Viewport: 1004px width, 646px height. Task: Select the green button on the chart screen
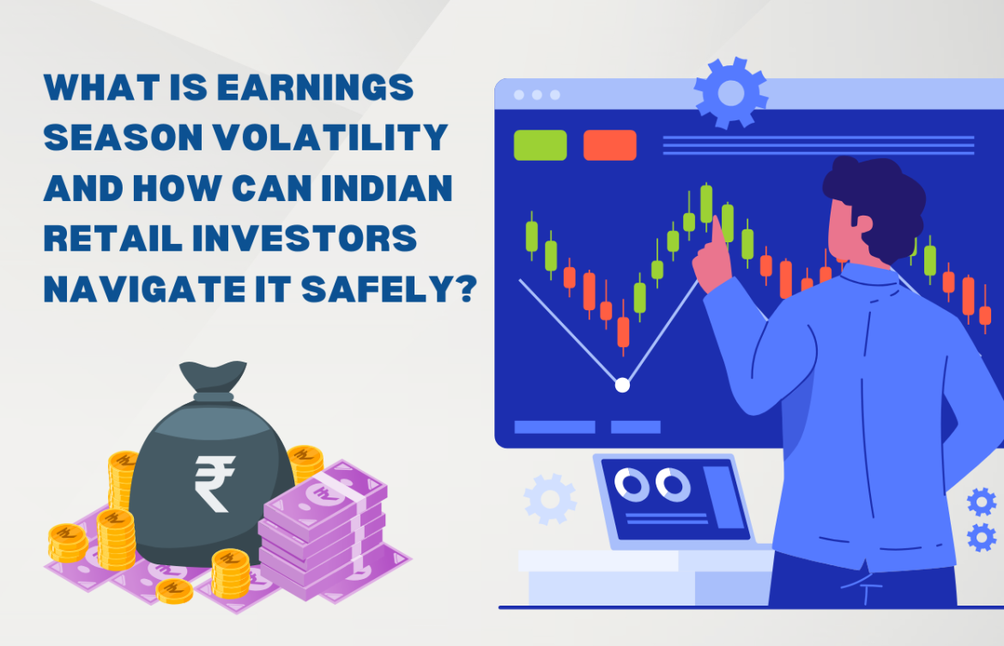540,145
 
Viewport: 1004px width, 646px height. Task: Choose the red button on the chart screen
609,145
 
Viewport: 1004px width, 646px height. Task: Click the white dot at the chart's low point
622,385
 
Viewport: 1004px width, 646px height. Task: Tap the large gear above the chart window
730,93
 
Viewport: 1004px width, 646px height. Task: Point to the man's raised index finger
714,228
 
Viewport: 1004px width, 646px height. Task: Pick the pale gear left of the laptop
549,498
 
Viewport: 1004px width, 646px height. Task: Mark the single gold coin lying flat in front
175,590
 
